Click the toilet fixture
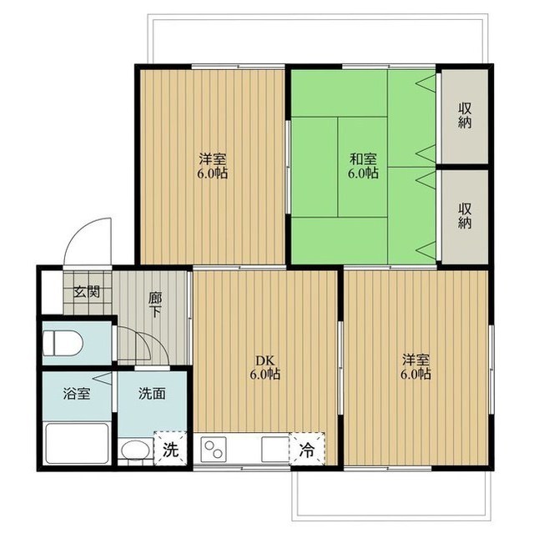(x=63, y=344)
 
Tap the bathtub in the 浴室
(x=77, y=443)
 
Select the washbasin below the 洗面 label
(x=135, y=452)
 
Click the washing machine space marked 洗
(x=170, y=449)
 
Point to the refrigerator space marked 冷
(x=307, y=449)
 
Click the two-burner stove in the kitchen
(x=214, y=450)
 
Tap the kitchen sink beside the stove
(x=275, y=450)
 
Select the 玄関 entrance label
(x=87, y=292)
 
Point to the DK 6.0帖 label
(x=265, y=367)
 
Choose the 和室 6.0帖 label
(x=363, y=166)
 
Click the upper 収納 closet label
(x=465, y=116)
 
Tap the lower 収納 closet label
(x=465, y=215)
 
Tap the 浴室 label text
(x=77, y=394)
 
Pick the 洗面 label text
(x=152, y=394)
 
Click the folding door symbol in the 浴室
(x=102, y=378)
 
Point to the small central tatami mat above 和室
(x=362, y=167)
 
